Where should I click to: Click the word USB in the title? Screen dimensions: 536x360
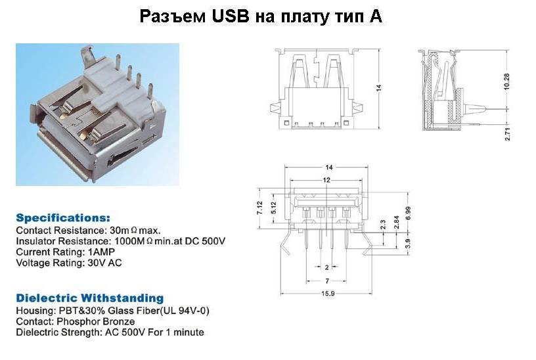[x=230, y=16]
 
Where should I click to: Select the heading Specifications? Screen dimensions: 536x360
[x=63, y=218]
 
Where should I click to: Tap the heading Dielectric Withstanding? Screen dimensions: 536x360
[x=90, y=298]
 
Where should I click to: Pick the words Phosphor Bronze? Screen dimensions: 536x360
[x=95, y=322]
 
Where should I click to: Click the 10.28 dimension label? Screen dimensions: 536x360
[x=506, y=81]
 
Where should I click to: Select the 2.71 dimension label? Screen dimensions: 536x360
[x=507, y=133]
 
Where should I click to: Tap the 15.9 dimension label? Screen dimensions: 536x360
[x=328, y=294]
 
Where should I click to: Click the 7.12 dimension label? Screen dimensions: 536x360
[x=259, y=208]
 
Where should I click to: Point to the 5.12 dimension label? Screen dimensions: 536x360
[x=273, y=208]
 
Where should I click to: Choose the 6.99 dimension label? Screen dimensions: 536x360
[x=408, y=214]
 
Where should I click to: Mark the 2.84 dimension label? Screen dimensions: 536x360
[x=396, y=222]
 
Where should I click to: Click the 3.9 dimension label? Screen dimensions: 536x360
[x=407, y=244]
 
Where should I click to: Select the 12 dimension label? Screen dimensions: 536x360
[x=326, y=180]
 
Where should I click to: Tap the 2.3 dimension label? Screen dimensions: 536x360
[x=383, y=225]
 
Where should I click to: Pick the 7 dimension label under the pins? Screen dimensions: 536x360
[x=327, y=281]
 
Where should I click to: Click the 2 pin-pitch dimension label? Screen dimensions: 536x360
[x=327, y=267]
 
